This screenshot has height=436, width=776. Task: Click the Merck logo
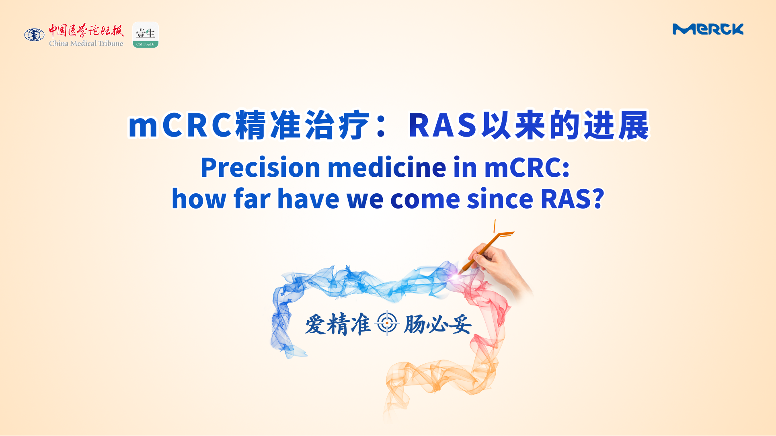point(708,29)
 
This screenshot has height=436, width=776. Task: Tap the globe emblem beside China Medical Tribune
point(34,35)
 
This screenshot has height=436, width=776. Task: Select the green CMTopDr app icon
point(146,35)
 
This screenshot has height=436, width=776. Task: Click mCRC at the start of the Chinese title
point(180,125)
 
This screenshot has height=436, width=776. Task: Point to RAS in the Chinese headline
point(443,125)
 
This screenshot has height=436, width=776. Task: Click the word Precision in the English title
point(260,168)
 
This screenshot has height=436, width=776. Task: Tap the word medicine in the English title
point(387,167)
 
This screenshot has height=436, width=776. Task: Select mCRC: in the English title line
point(527,168)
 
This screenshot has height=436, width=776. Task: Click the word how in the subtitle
point(199,199)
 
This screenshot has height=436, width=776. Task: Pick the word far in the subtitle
point(252,199)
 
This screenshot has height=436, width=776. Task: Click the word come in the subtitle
point(425,199)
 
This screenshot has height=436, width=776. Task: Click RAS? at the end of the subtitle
point(572,199)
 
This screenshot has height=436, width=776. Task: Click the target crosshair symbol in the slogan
point(387,323)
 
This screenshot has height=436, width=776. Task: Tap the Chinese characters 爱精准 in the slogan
point(338,324)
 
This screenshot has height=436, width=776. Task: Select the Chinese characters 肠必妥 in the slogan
point(438,324)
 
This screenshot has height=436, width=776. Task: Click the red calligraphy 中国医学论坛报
point(86,31)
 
